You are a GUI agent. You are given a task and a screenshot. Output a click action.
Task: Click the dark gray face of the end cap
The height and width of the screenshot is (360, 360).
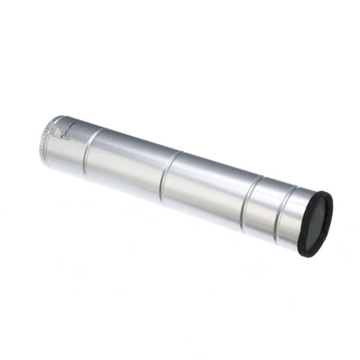pyautogui.click(x=316, y=223)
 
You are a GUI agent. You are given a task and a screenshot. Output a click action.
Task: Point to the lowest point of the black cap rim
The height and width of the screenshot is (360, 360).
pyautogui.click(x=309, y=256)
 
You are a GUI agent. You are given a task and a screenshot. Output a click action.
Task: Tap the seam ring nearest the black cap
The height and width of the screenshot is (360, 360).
pyautogui.click(x=285, y=216)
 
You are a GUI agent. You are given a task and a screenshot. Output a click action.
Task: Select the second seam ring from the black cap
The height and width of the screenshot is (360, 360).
pyautogui.click(x=249, y=202)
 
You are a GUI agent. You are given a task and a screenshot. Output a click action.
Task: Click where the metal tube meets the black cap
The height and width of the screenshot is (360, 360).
pyautogui.click(x=303, y=221)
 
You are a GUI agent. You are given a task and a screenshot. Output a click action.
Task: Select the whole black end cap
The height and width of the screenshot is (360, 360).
pyautogui.click(x=315, y=223)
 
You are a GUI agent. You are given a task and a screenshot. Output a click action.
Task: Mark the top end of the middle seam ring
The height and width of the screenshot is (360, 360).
pyautogui.click(x=177, y=152)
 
